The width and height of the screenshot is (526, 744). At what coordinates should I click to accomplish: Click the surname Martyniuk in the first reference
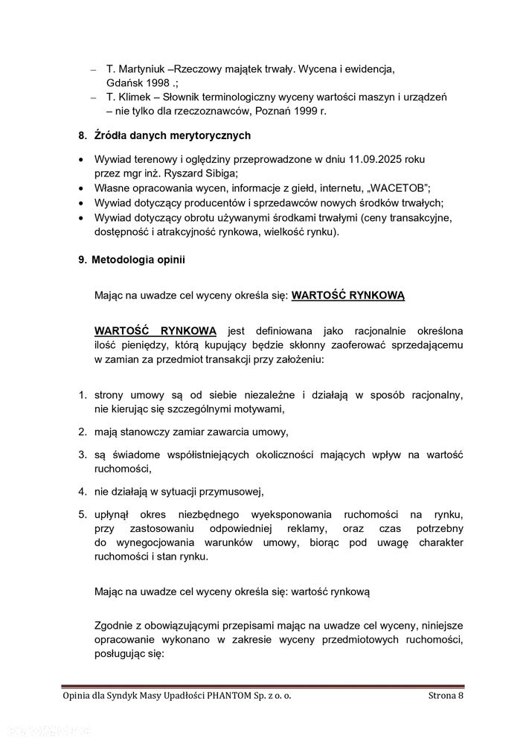(144, 69)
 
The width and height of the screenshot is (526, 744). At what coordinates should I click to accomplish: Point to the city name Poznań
(278, 111)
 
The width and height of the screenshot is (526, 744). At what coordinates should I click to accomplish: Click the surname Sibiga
(218, 173)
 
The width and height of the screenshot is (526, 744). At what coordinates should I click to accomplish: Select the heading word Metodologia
(130, 260)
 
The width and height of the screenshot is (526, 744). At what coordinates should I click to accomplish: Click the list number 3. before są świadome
(83, 455)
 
